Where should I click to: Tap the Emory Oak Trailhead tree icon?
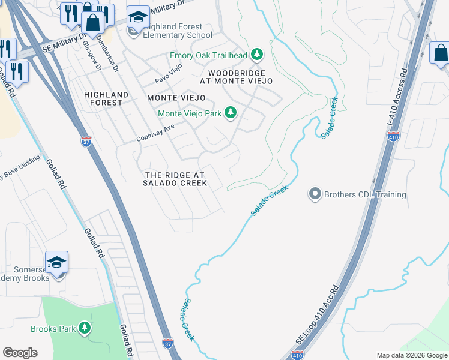coord(258,55)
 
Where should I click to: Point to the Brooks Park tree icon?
coord(85,328)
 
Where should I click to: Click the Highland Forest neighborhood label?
coord(107,98)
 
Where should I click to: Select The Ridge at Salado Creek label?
coord(175,179)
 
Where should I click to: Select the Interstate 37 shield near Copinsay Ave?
coord(86,142)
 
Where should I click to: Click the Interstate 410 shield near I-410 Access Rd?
coord(393,137)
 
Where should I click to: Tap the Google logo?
coord(20,353)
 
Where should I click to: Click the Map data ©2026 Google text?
coord(412,355)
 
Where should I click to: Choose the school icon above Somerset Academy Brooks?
coord(57,262)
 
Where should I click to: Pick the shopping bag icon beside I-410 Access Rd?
coord(440,52)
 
